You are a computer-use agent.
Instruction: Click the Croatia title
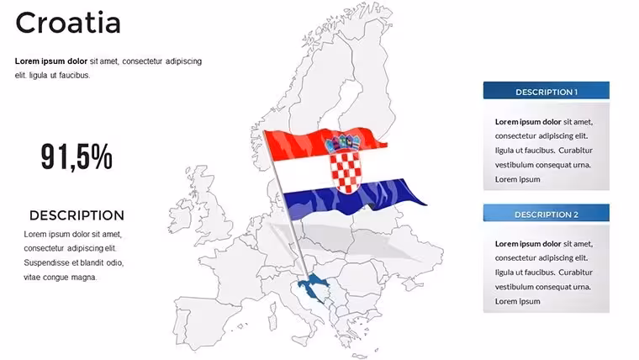pyautogui.click(x=68, y=23)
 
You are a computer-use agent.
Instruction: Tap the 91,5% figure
pyautogui.click(x=77, y=156)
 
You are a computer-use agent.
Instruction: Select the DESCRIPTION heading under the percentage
pyautogui.click(x=77, y=215)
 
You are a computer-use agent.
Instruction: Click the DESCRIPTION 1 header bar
pyautogui.click(x=546, y=91)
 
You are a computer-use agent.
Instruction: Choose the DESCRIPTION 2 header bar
pyautogui.click(x=546, y=213)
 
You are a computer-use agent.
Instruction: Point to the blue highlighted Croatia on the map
pyautogui.click(x=313, y=287)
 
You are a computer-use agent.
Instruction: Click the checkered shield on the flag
pyautogui.click(x=346, y=172)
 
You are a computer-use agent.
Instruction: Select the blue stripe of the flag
pyautogui.click(x=355, y=197)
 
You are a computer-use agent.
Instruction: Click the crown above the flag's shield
pyautogui.click(x=343, y=143)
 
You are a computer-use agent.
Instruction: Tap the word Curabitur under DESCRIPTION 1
pyautogui.click(x=575, y=150)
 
